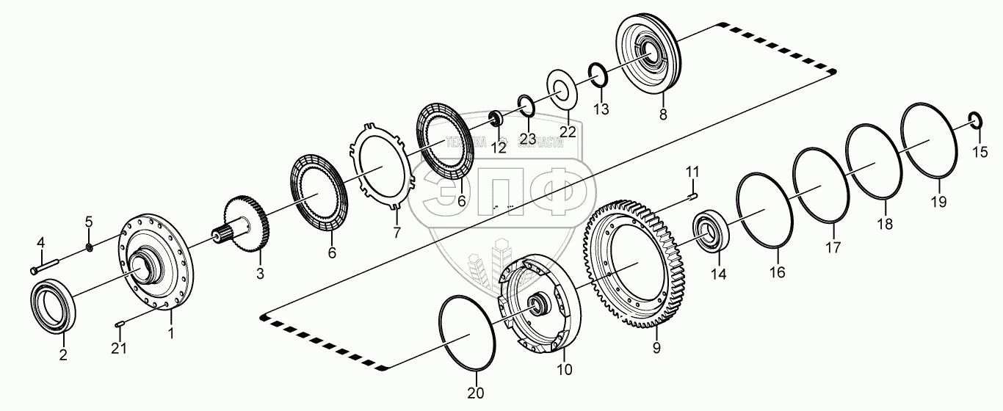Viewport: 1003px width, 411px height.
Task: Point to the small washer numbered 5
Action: point(89,246)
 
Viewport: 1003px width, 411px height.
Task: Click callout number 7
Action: point(397,233)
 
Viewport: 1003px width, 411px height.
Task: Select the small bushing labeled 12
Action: point(495,117)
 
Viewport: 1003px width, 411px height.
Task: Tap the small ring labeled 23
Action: point(525,101)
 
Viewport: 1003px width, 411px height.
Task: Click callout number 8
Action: point(664,114)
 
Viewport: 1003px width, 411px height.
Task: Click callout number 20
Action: point(476,393)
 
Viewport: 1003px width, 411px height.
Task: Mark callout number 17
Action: point(833,247)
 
